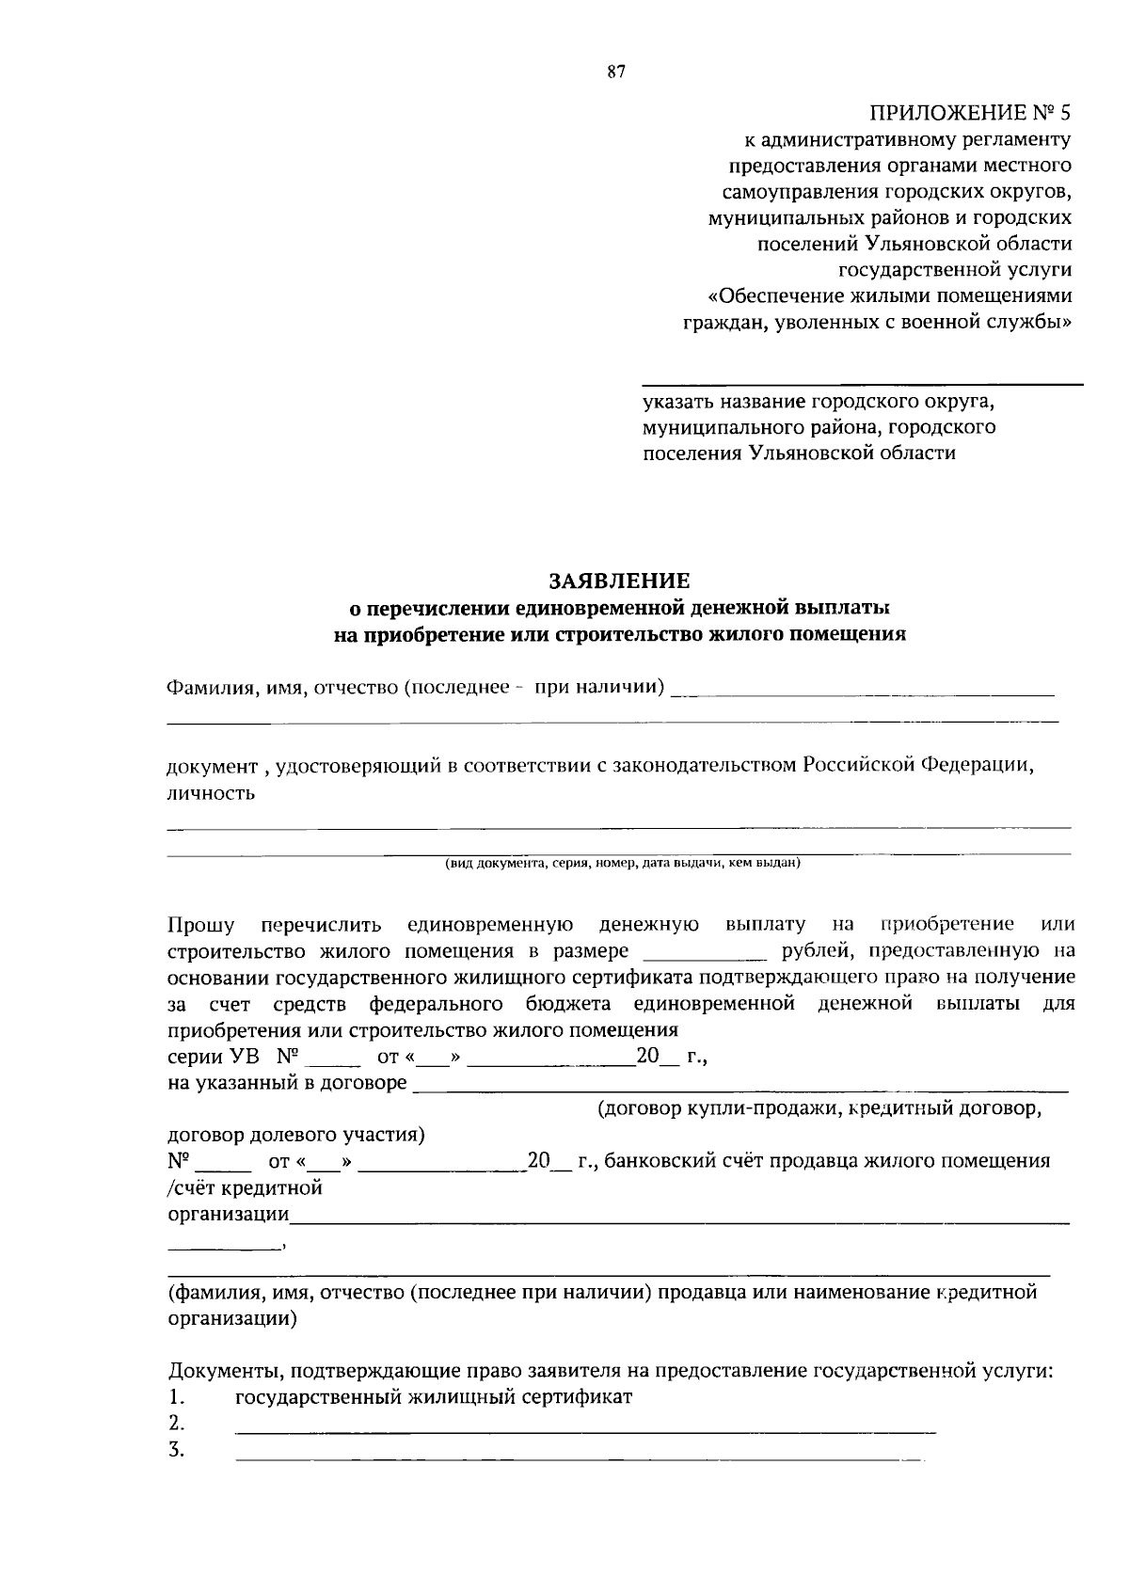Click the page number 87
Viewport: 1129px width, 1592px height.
616,72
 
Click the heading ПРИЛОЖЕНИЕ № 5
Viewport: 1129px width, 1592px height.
970,114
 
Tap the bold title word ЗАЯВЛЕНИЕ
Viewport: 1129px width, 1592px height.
619,581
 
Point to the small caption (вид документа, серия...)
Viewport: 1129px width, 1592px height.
622,862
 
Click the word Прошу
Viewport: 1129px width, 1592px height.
200,924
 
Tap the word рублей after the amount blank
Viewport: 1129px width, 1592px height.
810,950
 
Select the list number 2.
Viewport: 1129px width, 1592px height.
175,1422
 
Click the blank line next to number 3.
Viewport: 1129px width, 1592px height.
579,1458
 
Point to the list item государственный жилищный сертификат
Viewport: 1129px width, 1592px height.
434,1396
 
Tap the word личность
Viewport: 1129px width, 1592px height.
211,792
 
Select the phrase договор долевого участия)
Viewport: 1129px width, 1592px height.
295,1135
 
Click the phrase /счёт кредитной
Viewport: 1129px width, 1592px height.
245,1187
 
